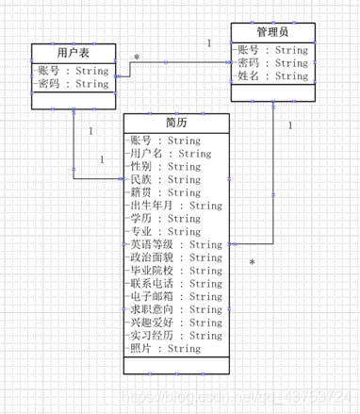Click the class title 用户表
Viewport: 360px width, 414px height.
pos(73,52)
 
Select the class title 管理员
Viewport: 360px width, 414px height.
pos(270,33)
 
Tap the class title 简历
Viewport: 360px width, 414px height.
pos(176,123)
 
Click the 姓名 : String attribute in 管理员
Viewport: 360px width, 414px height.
pos(272,76)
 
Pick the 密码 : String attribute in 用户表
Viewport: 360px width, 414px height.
pos(74,84)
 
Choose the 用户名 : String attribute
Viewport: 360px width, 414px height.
pos(170,154)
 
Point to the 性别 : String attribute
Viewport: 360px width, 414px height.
pos(164,167)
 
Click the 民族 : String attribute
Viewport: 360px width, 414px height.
pos(164,180)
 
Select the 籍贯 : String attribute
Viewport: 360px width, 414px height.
pos(164,192)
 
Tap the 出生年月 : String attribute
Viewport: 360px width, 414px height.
pos(175,206)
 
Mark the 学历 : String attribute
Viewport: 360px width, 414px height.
pos(164,219)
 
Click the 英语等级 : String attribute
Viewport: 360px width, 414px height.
pos(175,245)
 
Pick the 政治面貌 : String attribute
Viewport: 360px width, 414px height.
pos(175,257)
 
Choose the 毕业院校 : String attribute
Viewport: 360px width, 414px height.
pos(175,271)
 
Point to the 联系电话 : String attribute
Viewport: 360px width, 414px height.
pos(175,284)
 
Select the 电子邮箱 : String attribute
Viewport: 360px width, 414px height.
pos(175,297)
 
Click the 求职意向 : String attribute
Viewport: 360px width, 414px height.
pos(175,309)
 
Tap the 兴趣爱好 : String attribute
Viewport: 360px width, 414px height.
pos(175,323)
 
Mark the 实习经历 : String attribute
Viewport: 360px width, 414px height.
pos(175,336)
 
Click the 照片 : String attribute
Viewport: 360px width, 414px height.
pos(164,349)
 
